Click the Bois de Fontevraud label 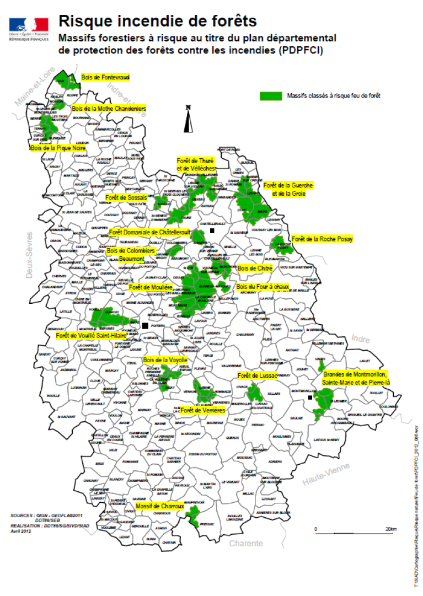[105, 78]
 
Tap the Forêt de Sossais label [126, 197]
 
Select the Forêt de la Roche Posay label [322, 239]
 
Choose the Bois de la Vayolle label [166, 360]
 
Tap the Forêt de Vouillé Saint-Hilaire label [91, 335]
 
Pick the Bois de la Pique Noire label [58, 148]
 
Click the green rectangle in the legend [271, 95]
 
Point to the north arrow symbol [188, 119]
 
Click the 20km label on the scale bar [390, 529]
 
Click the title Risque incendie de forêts [157, 21]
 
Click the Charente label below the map [246, 544]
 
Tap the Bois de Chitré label [255, 268]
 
